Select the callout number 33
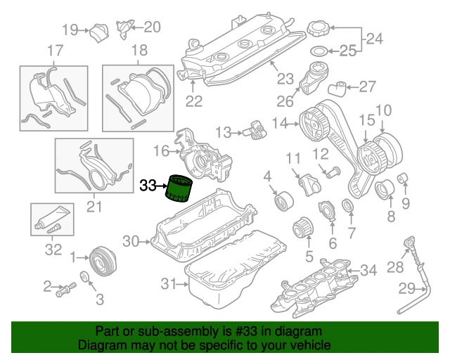pos(148,186)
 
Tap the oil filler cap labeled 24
pos(318,31)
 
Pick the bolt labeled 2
pos(67,288)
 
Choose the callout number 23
pos(284,78)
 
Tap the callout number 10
pos(382,110)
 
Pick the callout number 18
pos(139,51)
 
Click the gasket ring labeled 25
pos(319,51)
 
